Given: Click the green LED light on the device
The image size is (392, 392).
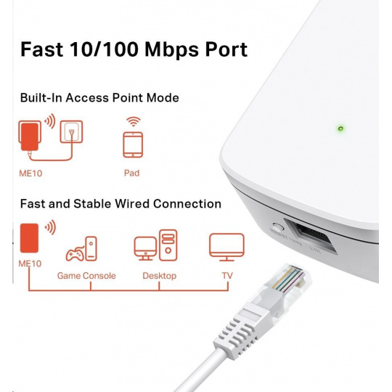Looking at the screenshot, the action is click(x=340, y=128).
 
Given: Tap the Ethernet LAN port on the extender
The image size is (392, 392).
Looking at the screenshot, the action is click(x=310, y=236).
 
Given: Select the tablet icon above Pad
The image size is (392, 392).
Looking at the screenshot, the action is click(x=133, y=145).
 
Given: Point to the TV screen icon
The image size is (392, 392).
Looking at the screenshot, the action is click(x=226, y=247).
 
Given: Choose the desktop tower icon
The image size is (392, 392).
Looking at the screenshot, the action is click(x=168, y=245).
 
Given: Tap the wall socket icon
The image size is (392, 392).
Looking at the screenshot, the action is click(x=71, y=131).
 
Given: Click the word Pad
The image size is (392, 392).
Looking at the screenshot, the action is click(x=131, y=173).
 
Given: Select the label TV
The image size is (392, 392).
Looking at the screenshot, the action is click(x=227, y=276).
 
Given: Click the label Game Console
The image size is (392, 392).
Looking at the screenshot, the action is click(x=86, y=276).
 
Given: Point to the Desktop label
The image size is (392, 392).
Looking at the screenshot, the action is click(x=160, y=276).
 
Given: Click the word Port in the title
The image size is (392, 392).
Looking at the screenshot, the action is click(x=226, y=49).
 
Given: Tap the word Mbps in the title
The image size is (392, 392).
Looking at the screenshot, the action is click(x=172, y=50).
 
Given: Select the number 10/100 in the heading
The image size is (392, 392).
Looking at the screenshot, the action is click(x=104, y=49).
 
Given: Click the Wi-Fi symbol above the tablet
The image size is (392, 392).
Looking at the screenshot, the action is click(x=134, y=121).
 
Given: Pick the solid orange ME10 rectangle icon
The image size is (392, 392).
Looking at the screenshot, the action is click(x=29, y=238).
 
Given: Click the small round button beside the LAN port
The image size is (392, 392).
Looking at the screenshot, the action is click(x=277, y=227).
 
